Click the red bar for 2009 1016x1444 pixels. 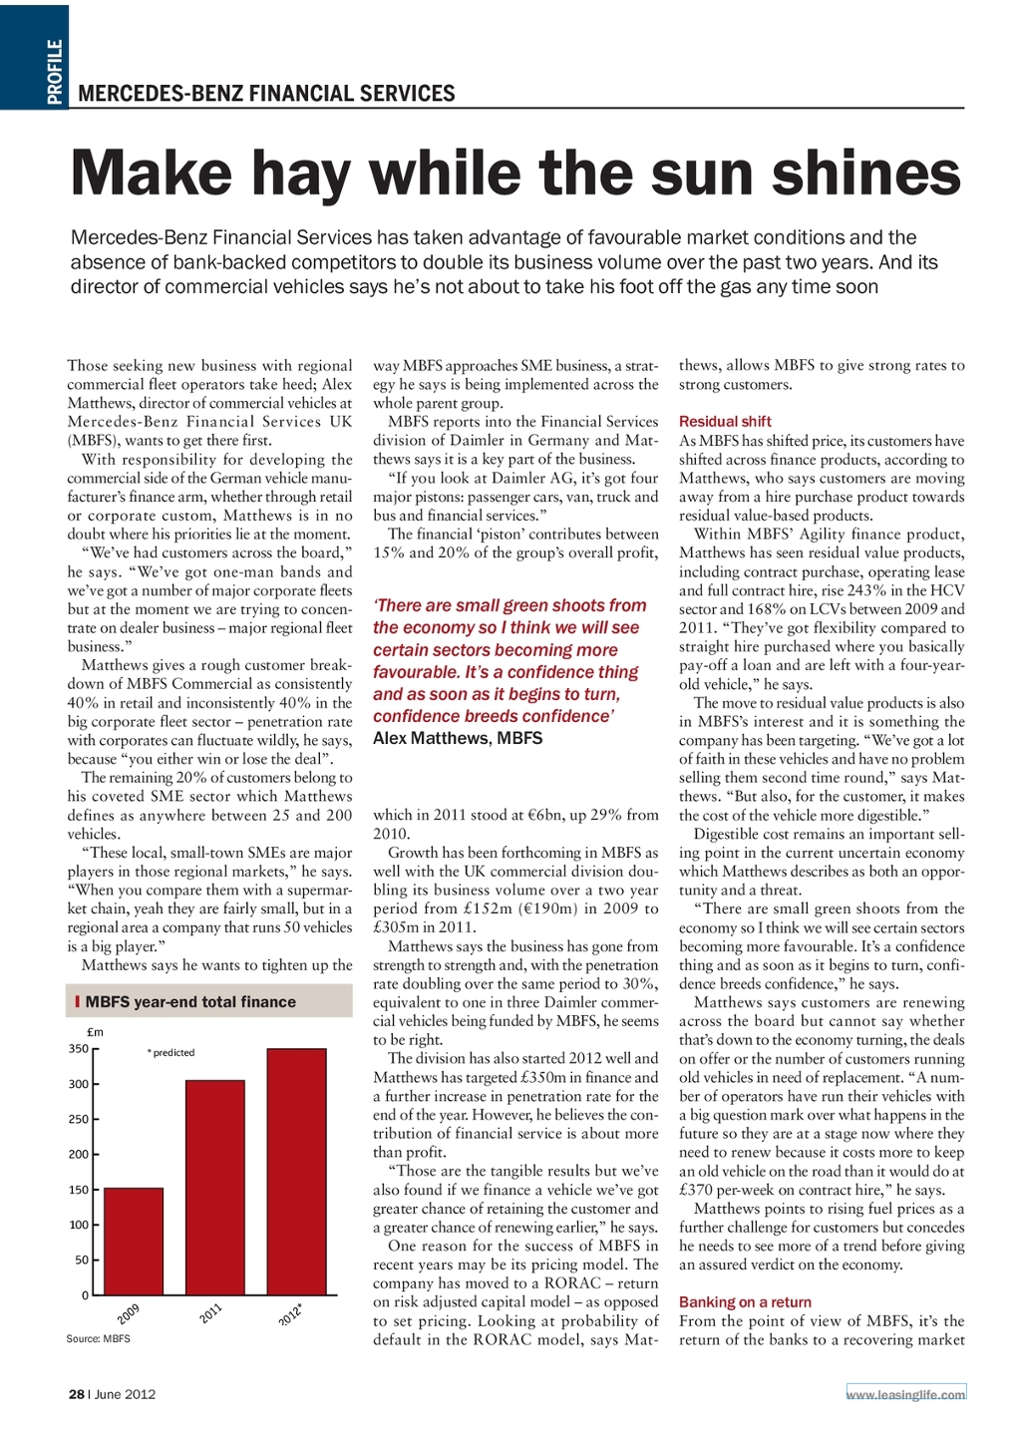[134, 1242]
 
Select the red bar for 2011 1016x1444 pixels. [215, 1187]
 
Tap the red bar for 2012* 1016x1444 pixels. [297, 1172]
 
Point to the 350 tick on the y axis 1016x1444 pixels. [78, 1049]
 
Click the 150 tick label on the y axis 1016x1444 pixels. [78, 1190]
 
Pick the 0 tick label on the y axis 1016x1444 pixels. [85, 1295]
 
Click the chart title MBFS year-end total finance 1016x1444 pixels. [190, 1002]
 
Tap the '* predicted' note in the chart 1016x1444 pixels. [170, 1053]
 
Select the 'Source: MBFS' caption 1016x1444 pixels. [98, 1338]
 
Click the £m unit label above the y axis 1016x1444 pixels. [96, 1032]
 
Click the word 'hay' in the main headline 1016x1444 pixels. [299, 175]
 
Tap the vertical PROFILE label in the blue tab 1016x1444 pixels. [55, 72]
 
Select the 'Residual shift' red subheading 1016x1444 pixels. [725, 422]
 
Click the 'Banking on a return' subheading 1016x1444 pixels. [745, 1302]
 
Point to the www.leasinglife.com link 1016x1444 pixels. [905, 1394]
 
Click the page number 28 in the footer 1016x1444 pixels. [76, 1394]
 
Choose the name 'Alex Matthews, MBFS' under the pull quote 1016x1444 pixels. [458, 739]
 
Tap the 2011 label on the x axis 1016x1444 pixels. [210, 1313]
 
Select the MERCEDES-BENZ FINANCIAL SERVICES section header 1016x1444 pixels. [266, 94]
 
